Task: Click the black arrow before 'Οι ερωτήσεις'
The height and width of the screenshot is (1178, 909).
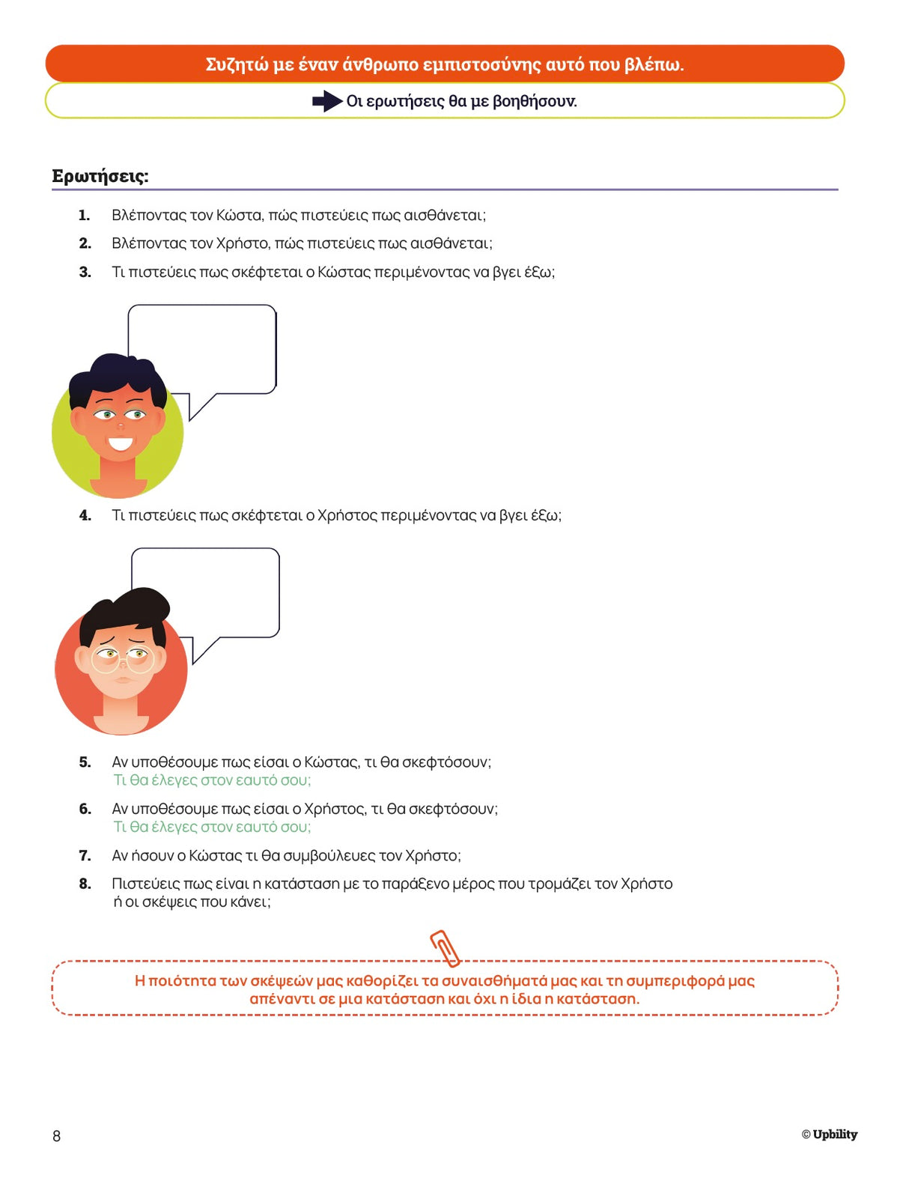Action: click(x=327, y=101)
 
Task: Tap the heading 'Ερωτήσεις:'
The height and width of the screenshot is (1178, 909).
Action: click(x=100, y=177)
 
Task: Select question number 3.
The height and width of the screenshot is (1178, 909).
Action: click(x=85, y=273)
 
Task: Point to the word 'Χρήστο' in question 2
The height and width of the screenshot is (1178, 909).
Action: click(x=241, y=243)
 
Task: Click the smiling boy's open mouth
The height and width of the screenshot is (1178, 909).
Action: click(x=120, y=443)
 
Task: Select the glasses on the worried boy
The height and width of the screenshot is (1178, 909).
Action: click(x=122, y=659)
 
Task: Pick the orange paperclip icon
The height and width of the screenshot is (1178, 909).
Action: click(x=446, y=948)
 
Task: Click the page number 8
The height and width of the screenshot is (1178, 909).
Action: click(x=57, y=1136)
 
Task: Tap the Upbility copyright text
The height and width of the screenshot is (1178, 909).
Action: click(x=830, y=1135)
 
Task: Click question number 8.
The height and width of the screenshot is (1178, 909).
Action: click(x=85, y=884)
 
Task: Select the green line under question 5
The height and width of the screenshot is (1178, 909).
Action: click(x=212, y=780)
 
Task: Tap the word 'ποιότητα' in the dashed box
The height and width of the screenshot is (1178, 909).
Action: click(x=183, y=981)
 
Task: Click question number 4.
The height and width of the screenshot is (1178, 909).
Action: click(x=85, y=515)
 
